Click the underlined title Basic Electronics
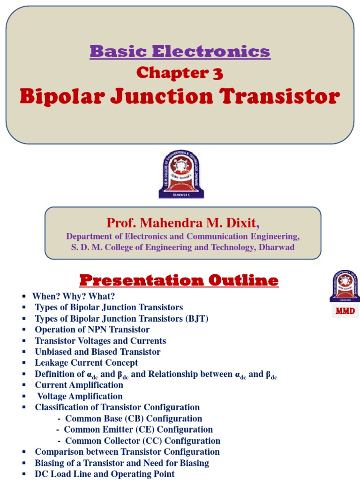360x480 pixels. pyautogui.click(x=180, y=51)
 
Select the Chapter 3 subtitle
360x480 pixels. pyautogui.click(x=180, y=73)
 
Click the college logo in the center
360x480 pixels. pyautogui.click(x=181, y=174)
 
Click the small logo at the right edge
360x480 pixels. pyautogui.click(x=344, y=287)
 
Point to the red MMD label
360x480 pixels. pyautogui.click(x=344, y=311)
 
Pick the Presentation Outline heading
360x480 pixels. pyautogui.click(x=179, y=280)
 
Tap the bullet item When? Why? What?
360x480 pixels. pyautogui.click(x=73, y=296)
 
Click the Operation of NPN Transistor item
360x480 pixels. pyautogui.click(x=92, y=330)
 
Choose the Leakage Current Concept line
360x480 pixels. pyautogui.click(x=86, y=363)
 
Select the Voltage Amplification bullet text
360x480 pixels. pyautogui.click(x=80, y=396)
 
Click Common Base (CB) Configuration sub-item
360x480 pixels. pyautogui.click(x=134, y=419)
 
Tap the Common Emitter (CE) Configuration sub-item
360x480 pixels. pyautogui.click(x=138, y=429)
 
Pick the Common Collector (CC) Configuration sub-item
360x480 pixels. pyautogui.click(x=142, y=441)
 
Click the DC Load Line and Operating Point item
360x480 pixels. pyautogui.click(x=105, y=474)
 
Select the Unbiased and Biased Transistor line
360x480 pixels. pyautogui.click(x=97, y=352)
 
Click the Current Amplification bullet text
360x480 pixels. pyautogui.click(x=79, y=385)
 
